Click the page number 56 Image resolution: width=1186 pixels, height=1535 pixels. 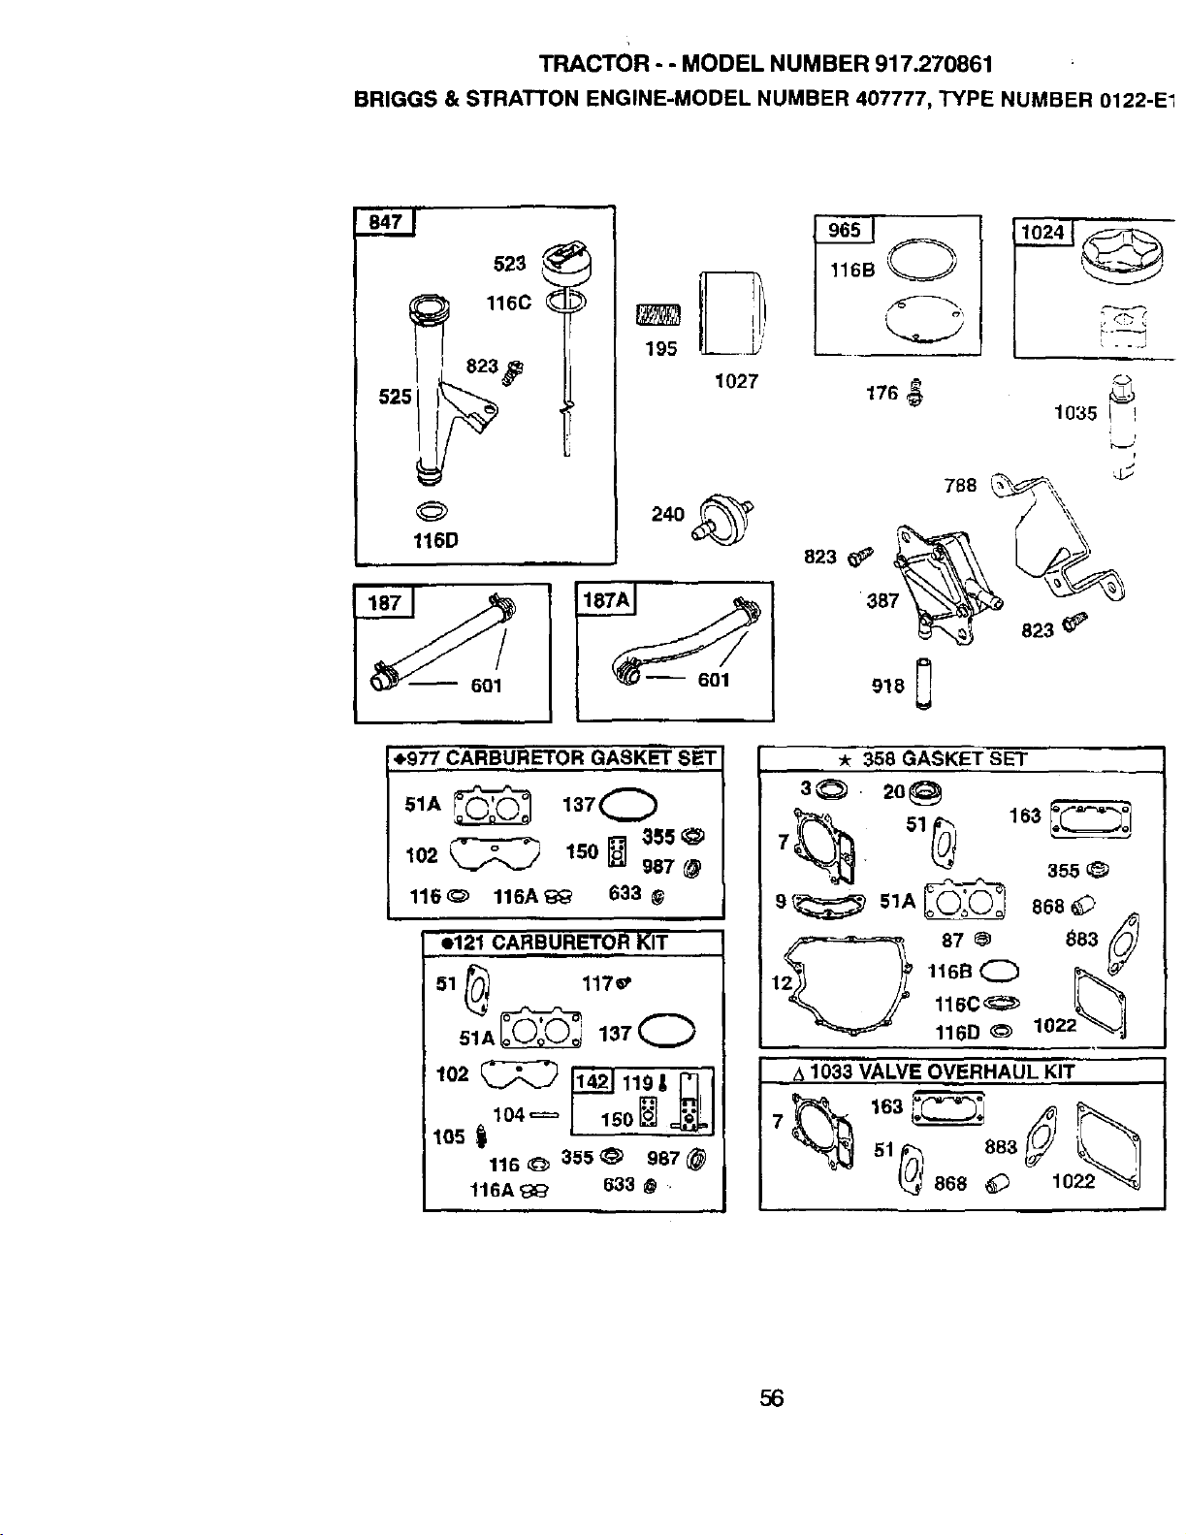coord(771,1398)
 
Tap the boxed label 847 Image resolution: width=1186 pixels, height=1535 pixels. coord(384,222)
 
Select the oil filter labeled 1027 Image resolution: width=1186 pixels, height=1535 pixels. coord(732,313)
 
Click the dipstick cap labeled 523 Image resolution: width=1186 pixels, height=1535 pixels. coord(566,264)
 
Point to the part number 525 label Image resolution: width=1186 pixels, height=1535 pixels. coord(395,397)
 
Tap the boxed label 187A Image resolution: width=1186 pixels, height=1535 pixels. coord(606,599)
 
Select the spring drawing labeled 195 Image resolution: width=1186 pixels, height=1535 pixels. coord(659,314)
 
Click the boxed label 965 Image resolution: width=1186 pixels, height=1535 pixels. coord(844,230)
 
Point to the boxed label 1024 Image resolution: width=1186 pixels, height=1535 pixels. coord(1043,232)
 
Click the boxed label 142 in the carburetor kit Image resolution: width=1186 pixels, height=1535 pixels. coord(592,1081)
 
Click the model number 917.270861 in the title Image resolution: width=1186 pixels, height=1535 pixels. coord(934,64)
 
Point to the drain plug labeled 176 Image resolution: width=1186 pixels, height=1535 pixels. coord(915,392)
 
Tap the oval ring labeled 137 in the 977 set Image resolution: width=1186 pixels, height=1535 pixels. coord(627,805)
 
